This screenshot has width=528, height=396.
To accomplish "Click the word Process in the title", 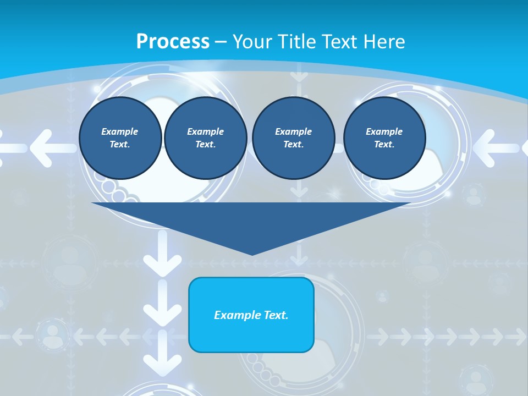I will pos(173,42).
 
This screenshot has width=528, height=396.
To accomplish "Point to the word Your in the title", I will pos(253,42).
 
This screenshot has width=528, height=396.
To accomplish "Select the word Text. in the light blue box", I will pos(275,315).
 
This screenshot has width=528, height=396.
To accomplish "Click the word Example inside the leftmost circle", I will pos(120,131).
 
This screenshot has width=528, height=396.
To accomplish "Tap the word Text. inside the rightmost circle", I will pos(384,144).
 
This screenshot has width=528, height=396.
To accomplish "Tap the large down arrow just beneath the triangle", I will pos(162,255).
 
